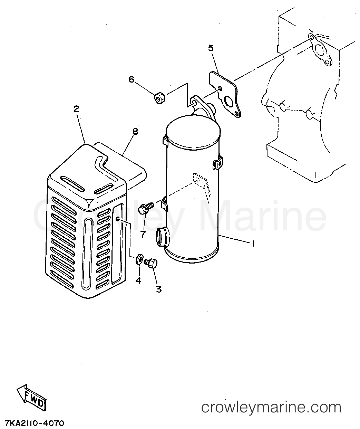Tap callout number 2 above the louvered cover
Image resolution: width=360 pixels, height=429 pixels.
click(x=76, y=109)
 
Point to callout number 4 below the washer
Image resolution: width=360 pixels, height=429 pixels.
click(x=138, y=281)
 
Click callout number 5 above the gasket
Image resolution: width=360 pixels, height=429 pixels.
click(x=211, y=48)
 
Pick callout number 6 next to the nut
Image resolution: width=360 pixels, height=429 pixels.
click(x=131, y=79)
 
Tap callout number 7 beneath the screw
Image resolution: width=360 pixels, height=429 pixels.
click(x=143, y=234)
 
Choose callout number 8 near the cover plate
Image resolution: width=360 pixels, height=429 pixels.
click(x=135, y=132)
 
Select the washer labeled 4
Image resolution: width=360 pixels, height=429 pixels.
click(x=139, y=259)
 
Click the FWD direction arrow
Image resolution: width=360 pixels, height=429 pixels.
click(x=31, y=396)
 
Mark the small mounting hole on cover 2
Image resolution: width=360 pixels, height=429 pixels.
click(x=117, y=219)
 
